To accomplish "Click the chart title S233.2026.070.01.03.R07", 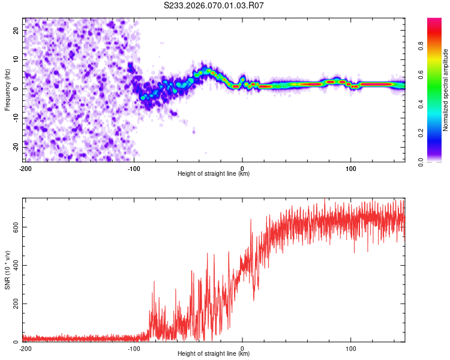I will (214, 5).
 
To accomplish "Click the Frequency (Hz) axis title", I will (7, 89).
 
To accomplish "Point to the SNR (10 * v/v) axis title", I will (7, 270).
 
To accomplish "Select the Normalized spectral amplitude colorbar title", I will (446, 89).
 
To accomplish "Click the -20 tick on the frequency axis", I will (16, 146).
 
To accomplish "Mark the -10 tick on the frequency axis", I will (16, 118).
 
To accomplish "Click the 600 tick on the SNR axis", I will (16, 227).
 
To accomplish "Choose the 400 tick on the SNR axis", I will (16, 265).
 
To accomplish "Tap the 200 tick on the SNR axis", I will (16, 304).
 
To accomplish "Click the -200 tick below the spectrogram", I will (25, 168).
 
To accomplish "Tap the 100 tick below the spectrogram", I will (350, 168).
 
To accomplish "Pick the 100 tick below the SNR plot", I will (350, 349).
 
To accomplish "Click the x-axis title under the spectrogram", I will (214, 174).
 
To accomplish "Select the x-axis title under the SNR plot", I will (214, 355).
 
